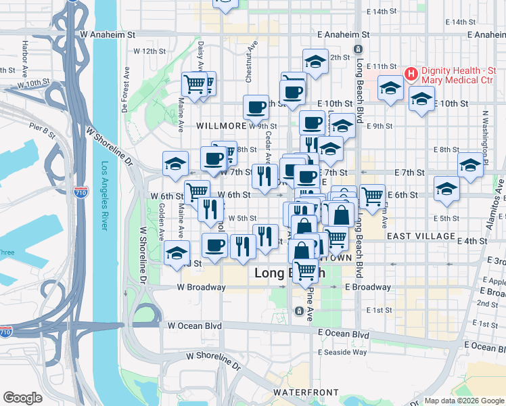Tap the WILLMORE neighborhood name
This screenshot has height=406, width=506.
(x=221, y=126)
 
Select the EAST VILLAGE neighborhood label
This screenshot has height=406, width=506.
(x=421, y=236)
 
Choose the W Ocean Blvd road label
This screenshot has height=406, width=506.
(x=195, y=325)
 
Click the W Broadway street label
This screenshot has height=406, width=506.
(x=201, y=287)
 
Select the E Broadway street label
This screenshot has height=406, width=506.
(x=368, y=287)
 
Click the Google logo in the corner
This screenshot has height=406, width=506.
(x=22, y=398)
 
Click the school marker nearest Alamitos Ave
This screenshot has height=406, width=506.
(x=470, y=164)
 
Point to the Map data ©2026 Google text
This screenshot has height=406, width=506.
(x=464, y=401)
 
